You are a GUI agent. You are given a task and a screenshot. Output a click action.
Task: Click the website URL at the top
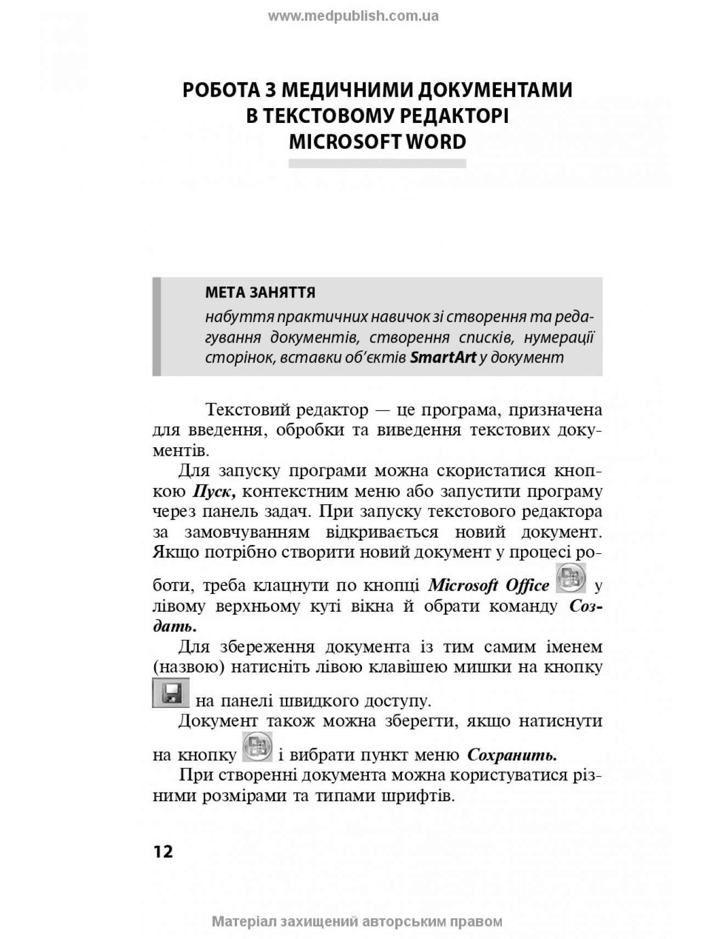[x=353, y=16]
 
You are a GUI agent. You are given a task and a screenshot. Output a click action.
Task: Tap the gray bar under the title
[x=377, y=163]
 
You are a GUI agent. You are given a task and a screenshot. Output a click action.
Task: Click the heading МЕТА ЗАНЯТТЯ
[x=260, y=293]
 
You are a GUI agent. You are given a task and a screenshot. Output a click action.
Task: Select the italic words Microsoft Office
[x=488, y=586]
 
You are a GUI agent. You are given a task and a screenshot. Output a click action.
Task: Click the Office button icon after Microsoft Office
[x=571, y=578]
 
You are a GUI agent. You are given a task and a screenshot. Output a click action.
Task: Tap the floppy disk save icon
[x=171, y=693]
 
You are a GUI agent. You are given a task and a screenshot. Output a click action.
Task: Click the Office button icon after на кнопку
[x=257, y=747]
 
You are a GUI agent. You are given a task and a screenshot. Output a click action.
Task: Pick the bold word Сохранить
[x=512, y=756]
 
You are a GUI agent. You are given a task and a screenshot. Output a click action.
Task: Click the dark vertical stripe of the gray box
[x=157, y=327]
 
